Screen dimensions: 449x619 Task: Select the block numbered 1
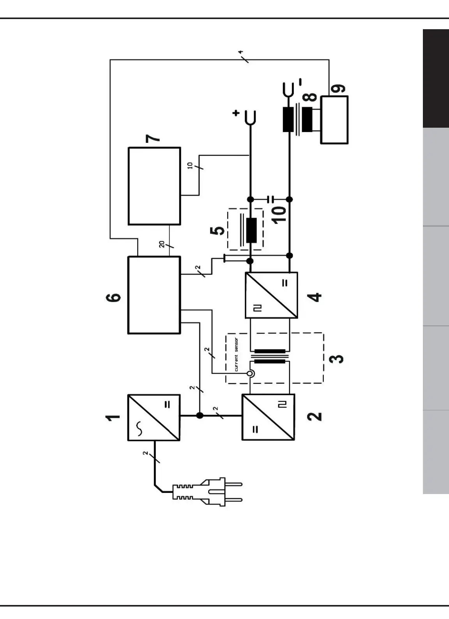(x=154, y=418)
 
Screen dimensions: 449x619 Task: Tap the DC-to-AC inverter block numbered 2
(x=268, y=417)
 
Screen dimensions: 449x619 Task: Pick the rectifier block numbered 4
(x=271, y=295)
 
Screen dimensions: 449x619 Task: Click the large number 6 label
(x=113, y=297)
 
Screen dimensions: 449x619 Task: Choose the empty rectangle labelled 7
(x=154, y=186)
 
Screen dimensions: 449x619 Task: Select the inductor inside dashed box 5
(x=251, y=230)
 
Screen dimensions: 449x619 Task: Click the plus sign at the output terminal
(x=236, y=113)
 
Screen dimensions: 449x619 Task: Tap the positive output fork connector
(x=250, y=116)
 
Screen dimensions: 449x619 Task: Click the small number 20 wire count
(x=162, y=244)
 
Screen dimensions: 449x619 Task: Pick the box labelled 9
(x=334, y=120)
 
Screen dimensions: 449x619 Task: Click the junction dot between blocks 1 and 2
(x=200, y=415)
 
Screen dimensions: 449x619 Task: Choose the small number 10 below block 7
(x=190, y=165)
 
